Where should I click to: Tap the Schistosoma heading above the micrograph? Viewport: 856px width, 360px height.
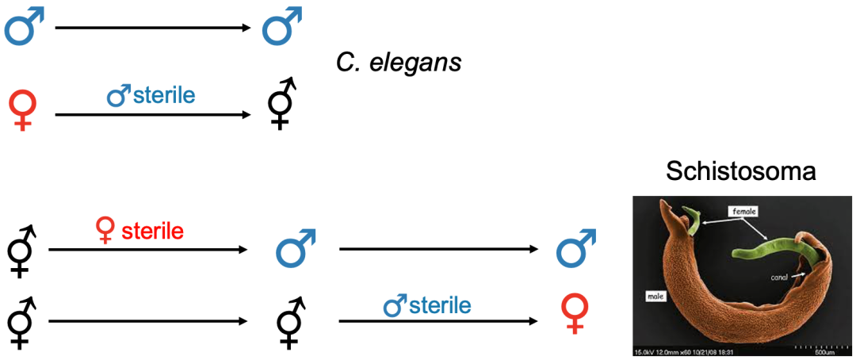[x=740, y=172]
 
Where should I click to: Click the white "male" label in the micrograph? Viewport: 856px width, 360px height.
[x=655, y=297]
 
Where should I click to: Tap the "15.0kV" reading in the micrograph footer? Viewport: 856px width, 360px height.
[x=644, y=351]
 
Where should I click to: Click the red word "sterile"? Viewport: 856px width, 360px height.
[x=151, y=231]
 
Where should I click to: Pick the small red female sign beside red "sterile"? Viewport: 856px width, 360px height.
[x=104, y=232]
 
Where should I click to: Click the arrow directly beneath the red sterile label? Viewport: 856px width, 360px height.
[x=147, y=250]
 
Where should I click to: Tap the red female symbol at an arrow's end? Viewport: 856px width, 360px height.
[x=575, y=312]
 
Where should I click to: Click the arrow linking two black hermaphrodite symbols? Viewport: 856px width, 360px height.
[x=147, y=322]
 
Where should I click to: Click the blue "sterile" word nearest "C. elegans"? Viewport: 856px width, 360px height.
[x=164, y=96]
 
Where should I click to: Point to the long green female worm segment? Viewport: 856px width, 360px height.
[x=761, y=252]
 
